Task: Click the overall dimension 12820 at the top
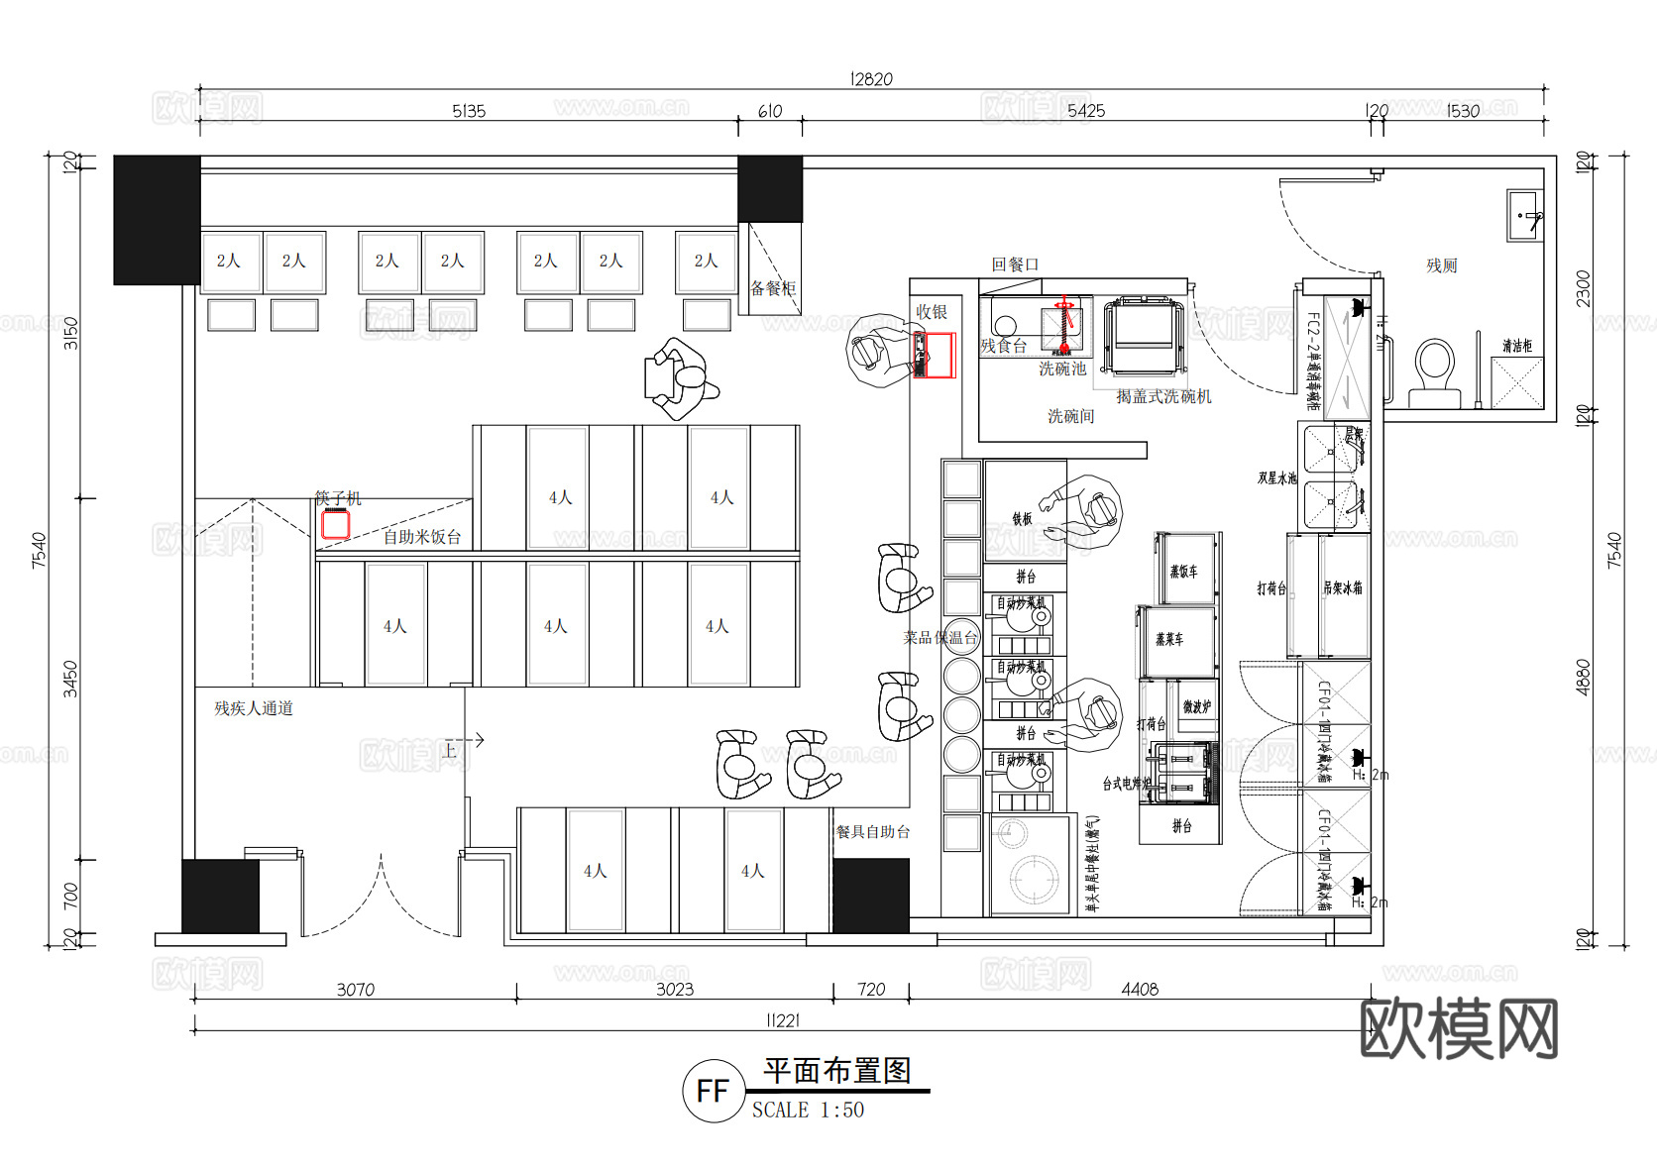871,79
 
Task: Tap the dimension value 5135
469,111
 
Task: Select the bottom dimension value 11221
783,1020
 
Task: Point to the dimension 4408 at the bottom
1140,989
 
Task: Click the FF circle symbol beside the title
713,1091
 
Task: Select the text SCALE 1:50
808,1111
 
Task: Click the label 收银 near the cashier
932,312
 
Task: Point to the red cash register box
934,356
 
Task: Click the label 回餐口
1016,265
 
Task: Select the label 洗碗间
1071,416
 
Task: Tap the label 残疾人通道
254,708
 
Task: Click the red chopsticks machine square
336,523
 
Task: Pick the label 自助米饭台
422,537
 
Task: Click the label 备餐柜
773,288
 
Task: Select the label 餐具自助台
873,832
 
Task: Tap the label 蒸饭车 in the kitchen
1183,572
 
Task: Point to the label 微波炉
1197,707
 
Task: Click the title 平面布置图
837,1071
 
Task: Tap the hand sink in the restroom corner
1525,215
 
